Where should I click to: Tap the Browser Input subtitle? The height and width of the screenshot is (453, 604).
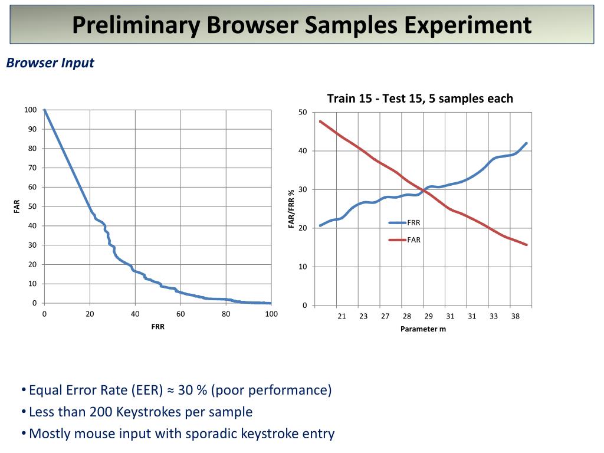[50, 63]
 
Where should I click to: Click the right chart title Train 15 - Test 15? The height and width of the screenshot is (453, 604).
[420, 99]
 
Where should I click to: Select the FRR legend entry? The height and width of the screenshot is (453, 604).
[413, 222]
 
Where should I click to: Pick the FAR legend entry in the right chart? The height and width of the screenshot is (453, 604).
[413, 240]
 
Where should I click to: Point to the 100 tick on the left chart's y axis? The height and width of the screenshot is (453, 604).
[30, 110]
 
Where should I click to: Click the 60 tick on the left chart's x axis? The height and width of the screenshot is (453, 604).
[180, 314]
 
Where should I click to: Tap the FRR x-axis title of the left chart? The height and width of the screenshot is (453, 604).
[157, 326]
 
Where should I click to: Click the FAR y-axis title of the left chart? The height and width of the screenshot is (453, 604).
[17, 206]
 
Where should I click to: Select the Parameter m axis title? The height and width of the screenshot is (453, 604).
[423, 329]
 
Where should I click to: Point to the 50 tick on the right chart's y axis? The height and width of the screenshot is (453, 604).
[303, 113]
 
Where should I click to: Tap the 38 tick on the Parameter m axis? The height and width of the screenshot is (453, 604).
[516, 317]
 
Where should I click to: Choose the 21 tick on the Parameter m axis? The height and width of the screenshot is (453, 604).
[342, 317]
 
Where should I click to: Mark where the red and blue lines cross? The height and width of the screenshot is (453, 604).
[425, 189]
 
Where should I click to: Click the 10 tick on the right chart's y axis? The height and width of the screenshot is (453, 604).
[303, 267]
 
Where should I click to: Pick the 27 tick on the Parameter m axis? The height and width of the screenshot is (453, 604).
[385, 317]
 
